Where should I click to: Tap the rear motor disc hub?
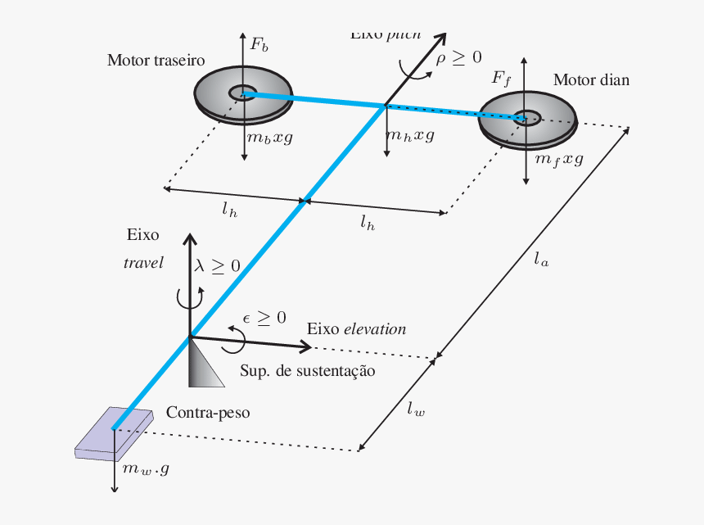(242, 93)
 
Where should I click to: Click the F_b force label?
(259, 45)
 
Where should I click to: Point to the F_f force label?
(501, 78)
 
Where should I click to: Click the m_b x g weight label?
(270, 137)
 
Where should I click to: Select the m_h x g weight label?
(410, 135)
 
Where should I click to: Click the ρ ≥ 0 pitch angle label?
(458, 57)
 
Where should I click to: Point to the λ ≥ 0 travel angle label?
(217, 266)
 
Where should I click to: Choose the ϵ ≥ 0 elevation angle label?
(264, 318)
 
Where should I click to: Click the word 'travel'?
(144, 263)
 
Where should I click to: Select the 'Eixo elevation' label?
(356, 329)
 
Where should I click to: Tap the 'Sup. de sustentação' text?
(308, 370)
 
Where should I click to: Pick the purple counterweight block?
(114, 432)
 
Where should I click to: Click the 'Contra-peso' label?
(208, 413)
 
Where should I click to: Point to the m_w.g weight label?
(146, 469)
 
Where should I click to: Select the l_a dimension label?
(541, 260)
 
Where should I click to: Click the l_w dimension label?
(416, 410)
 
